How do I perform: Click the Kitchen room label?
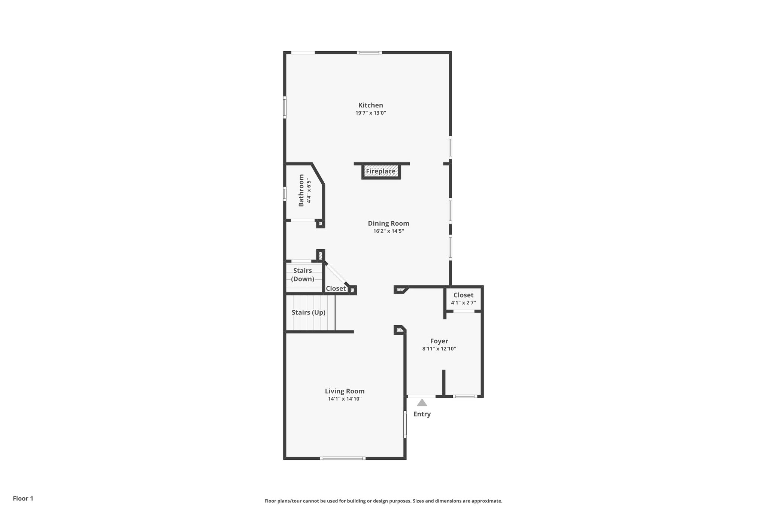pyautogui.click(x=370, y=105)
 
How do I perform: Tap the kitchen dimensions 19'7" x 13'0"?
pyautogui.click(x=370, y=113)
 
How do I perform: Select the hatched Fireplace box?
pyautogui.click(x=381, y=171)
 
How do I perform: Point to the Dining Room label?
pyautogui.click(x=388, y=223)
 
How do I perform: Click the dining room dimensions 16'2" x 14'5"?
pyautogui.click(x=388, y=231)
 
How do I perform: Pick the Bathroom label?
pyautogui.click(x=301, y=190)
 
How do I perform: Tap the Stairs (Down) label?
pyautogui.click(x=303, y=275)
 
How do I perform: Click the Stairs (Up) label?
pyautogui.click(x=309, y=312)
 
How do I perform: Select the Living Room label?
pyautogui.click(x=345, y=391)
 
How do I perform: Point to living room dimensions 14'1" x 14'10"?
pyautogui.click(x=345, y=399)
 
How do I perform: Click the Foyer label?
pyautogui.click(x=439, y=341)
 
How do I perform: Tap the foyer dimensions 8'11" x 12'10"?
pyautogui.click(x=439, y=349)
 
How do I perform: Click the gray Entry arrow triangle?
pyautogui.click(x=422, y=403)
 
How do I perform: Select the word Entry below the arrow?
pyautogui.click(x=422, y=414)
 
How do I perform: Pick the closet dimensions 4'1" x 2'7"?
pyautogui.click(x=463, y=303)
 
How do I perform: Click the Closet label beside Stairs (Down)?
pyautogui.click(x=336, y=289)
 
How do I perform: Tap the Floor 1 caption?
pyautogui.click(x=23, y=499)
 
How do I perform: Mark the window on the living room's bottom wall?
pyautogui.click(x=343, y=458)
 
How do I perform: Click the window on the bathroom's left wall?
pyautogui.click(x=285, y=194)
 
